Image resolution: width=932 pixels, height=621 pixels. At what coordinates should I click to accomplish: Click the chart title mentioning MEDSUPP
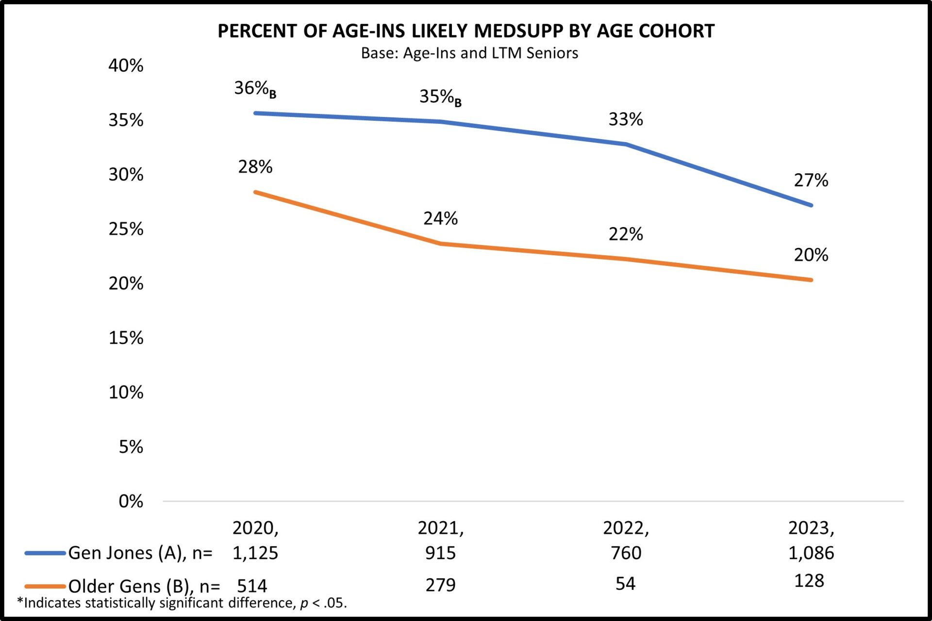(466, 31)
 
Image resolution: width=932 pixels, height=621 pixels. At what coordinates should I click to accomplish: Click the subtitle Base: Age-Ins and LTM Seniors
(469, 53)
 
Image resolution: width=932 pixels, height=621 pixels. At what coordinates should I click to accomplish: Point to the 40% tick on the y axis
(126, 65)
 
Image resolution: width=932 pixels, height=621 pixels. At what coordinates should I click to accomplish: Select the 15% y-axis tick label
(126, 338)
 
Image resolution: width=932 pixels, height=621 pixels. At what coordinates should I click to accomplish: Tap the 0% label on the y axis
(131, 501)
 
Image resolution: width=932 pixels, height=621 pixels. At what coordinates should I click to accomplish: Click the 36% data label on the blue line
(254, 89)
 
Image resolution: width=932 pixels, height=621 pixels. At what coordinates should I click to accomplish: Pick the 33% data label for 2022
(626, 119)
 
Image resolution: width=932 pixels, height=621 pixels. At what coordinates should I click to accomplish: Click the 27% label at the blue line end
(811, 180)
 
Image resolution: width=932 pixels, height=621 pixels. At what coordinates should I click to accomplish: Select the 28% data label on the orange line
(255, 167)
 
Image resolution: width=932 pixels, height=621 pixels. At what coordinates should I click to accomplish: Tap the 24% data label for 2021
(440, 218)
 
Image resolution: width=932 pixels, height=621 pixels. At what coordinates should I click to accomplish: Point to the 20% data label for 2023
(811, 255)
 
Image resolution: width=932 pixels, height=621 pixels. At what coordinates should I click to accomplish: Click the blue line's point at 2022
(626, 144)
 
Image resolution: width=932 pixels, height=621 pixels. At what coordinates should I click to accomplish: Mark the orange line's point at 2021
(441, 244)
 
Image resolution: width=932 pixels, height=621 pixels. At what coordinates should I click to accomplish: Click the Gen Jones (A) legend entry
(119, 553)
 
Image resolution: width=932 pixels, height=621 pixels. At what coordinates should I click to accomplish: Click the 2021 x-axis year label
(440, 528)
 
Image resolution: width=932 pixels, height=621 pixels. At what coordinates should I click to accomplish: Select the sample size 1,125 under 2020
(255, 553)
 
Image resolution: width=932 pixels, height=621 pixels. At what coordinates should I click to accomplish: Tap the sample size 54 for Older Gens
(625, 584)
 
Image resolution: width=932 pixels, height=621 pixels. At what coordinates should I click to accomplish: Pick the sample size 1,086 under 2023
(811, 553)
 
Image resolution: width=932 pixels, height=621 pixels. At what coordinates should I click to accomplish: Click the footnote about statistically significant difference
(182, 603)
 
